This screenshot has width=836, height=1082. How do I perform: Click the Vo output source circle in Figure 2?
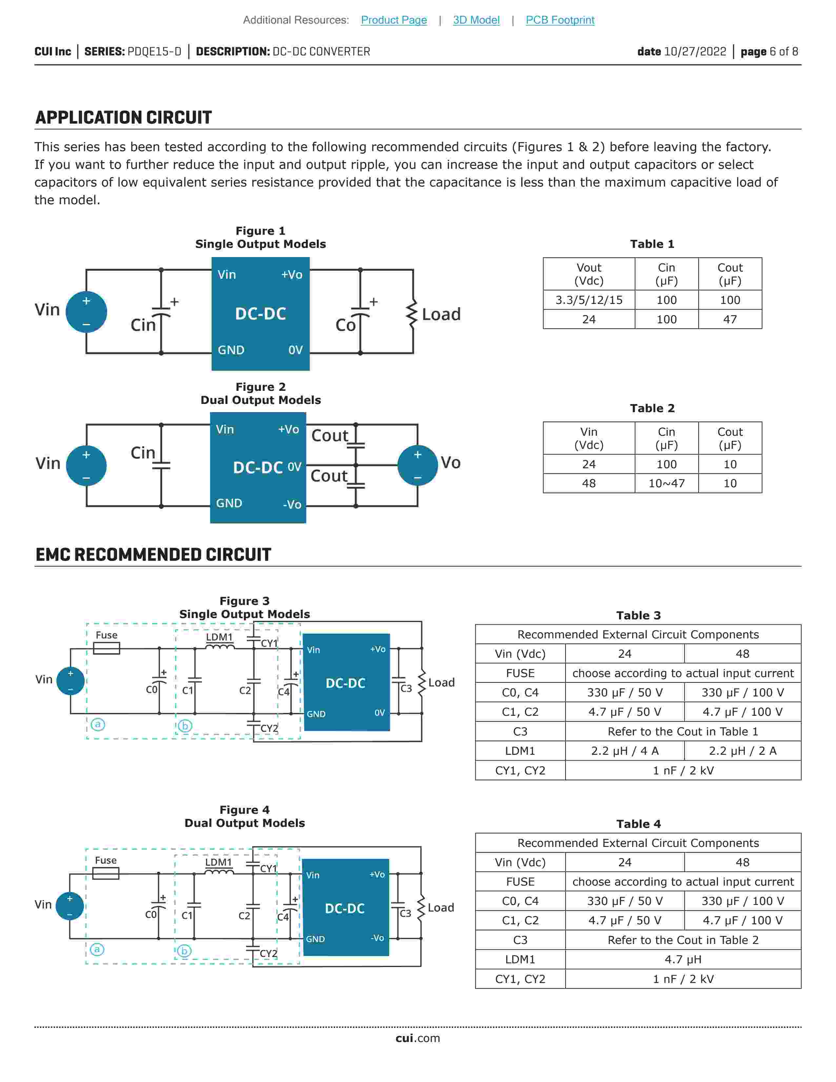pos(417,465)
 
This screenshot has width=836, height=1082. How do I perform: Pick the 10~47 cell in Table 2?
pos(666,483)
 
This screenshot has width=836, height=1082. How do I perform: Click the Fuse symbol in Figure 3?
pos(107,648)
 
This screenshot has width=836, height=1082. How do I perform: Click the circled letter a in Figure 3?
pos(98,724)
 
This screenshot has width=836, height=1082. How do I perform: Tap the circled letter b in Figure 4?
pos(184,951)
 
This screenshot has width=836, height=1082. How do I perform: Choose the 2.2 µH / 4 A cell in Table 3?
pos(625,751)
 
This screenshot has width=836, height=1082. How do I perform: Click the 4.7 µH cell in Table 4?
pos(683,959)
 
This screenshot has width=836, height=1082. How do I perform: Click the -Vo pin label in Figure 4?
pos(377,938)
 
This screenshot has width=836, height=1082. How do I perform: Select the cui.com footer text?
pos(417,1038)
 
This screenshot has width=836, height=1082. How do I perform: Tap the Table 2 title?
pos(652,408)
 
